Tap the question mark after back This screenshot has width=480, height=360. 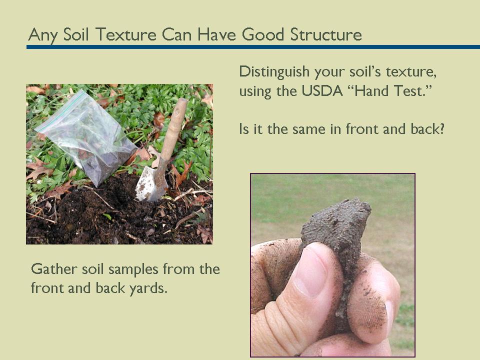(442, 129)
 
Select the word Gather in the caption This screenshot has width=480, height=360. (52, 269)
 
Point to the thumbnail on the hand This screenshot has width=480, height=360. (310, 270)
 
